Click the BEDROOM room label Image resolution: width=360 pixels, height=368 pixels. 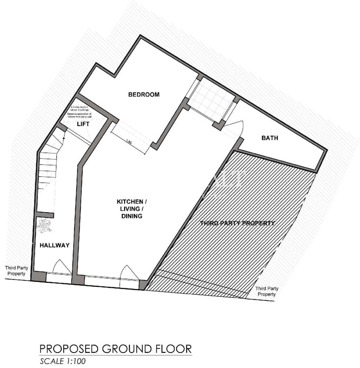(144, 94)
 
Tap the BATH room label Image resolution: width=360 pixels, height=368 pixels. (270, 138)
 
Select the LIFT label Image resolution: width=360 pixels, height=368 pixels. (83, 124)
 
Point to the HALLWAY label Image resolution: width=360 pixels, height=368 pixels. (54, 245)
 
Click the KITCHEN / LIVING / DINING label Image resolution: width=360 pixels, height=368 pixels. (130, 209)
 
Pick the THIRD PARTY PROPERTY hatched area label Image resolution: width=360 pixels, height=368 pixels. (237, 223)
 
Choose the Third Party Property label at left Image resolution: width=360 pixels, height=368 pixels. (15, 271)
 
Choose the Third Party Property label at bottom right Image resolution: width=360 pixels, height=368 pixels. (267, 291)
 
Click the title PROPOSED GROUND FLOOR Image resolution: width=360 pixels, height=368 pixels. (116, 349)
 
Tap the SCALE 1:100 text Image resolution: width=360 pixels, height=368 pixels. (63, 361)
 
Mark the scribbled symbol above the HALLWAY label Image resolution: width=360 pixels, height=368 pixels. (45, 226)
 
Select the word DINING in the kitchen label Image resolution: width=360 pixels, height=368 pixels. (130, 216)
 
